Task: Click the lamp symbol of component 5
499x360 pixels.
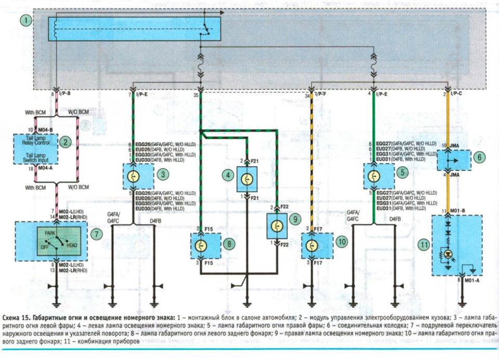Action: point(373,176)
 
